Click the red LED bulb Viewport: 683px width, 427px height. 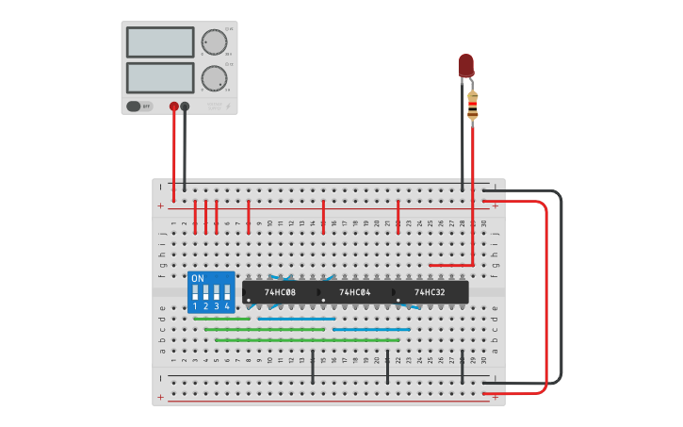point(465,65)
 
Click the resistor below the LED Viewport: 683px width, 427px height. point(472,106)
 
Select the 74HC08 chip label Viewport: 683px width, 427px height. point(280,292)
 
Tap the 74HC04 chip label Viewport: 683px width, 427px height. point(354,292)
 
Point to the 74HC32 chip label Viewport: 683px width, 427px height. point(430,292)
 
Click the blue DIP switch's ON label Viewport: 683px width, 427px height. point(198,279)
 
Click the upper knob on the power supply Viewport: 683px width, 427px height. point(214,42)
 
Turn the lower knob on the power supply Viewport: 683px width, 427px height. point(214,77)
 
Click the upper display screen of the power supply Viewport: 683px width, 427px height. point(160,42)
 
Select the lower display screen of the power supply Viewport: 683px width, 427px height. point(160,77)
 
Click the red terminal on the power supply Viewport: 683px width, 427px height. point(173,107)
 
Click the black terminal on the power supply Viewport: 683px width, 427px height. point(185,107)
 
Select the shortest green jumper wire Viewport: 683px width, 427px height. point(221,319)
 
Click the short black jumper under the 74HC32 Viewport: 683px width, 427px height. point(462,366)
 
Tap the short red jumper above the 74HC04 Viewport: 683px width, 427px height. point(323,215)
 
